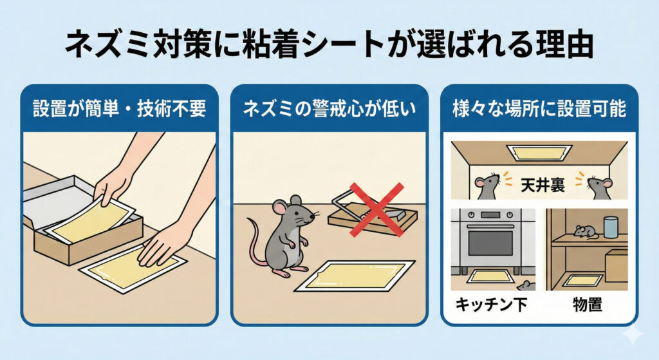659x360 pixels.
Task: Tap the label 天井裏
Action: point(543,185)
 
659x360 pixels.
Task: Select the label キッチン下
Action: point(491,305)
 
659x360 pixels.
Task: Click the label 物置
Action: point(588,305)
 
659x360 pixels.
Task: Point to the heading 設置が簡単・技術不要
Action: point(120,109)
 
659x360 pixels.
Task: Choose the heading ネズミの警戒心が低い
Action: point(329,109)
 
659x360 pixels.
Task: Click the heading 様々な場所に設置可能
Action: point(539,109)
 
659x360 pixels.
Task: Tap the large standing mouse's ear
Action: point(279,207)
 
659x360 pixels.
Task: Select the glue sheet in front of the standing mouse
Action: point(355,276)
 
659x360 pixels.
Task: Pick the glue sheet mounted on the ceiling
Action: point(539,153)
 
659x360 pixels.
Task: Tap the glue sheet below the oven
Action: point(490,276)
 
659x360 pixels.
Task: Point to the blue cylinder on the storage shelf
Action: point(611,227)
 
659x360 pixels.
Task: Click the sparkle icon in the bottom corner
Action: point(633,334)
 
